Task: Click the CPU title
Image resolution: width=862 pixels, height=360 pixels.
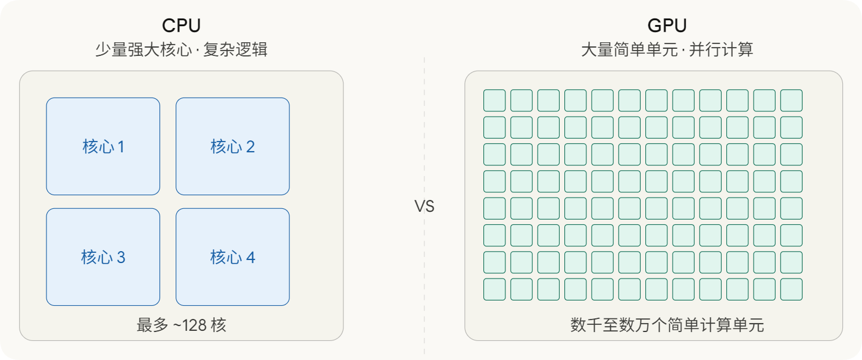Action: tap(181, 26)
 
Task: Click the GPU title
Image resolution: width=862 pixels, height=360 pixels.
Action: tap(667, 26)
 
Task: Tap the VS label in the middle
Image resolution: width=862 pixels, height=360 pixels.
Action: tap(424, 206)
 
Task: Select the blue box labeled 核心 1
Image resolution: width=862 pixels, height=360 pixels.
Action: tap(103, 146)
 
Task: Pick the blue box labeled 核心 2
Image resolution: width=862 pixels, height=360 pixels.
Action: tap(232, 146)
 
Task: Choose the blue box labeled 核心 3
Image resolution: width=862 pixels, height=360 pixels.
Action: tap(103, 257)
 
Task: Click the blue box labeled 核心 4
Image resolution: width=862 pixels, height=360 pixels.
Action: tap(232, 257)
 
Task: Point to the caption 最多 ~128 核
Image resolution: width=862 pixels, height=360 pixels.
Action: tap(181, 325)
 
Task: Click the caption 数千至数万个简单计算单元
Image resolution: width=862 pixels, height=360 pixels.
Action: tap(667, 325)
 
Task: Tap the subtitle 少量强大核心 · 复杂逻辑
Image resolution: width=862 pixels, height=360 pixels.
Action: tap(181, 49)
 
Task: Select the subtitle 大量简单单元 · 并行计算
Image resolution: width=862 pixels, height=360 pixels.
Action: tap(667, 49)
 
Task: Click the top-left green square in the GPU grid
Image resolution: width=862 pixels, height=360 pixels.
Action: tap(495, 101)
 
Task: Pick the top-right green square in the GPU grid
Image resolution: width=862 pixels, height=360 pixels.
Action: tap(791, 101)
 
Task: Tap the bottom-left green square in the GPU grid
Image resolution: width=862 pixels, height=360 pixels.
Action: tap(495, 289)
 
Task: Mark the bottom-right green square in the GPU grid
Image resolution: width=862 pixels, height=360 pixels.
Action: tap(791, 289)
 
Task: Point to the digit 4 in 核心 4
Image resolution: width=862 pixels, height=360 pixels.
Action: tap(251, 257)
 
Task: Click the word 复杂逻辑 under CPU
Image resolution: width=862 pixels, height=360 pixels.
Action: tap(235, 49)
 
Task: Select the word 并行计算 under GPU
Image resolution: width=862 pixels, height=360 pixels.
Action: tap(721, 49)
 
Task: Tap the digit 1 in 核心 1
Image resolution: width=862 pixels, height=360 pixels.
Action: tap(121, 146)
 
